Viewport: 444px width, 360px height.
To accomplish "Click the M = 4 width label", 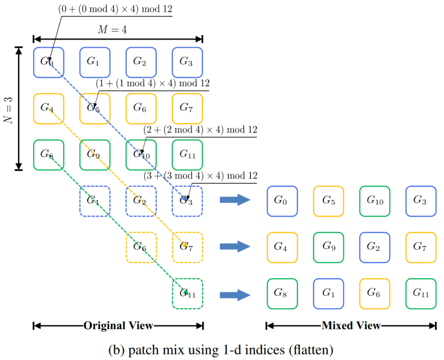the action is pos(112,30).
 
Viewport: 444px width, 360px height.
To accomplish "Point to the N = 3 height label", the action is pos(9,110).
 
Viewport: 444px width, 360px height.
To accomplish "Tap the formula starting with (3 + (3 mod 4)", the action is pos(201,176).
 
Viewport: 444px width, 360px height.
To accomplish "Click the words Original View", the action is pos(118,326).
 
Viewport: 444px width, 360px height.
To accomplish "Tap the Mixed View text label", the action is pos(351,326).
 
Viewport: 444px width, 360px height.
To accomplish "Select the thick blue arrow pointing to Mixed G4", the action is pos(235,246).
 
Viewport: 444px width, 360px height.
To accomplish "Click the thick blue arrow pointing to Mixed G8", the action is pos(235,295).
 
